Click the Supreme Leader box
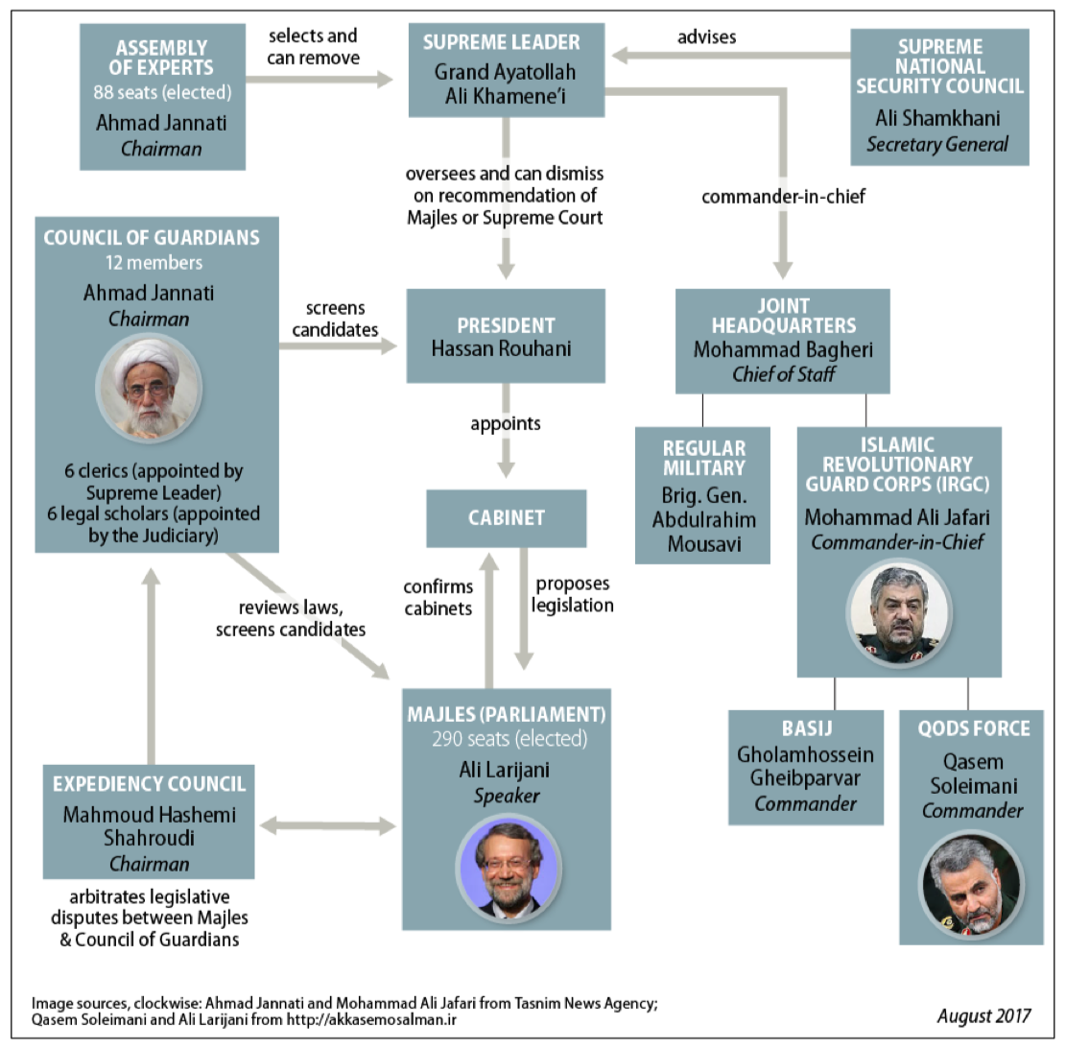tap(506, 70)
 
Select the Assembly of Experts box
tap(162, 97)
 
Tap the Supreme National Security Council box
tap(939, 97)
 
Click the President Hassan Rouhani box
tap(506, 336)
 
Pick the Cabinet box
tap(507, 518)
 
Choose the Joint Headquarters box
tap(783, 342)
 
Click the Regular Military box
tap(703, 495)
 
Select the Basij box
tap(806, 768)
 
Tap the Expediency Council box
tap(149, 822)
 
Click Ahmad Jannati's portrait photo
tap(149, 389)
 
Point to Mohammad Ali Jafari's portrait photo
tap(899, 614)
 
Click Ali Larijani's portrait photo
tap(508, 869)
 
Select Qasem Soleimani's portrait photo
tap(971, 885)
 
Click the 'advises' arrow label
tap(706, 36)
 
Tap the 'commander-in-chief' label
tap(783, 197)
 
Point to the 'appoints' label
tap(505, 423)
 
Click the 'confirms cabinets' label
tap(438, 597)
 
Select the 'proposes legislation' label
tap(573, 594)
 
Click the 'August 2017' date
tap(983, 1015)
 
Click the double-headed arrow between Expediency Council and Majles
tap(328, 826)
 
